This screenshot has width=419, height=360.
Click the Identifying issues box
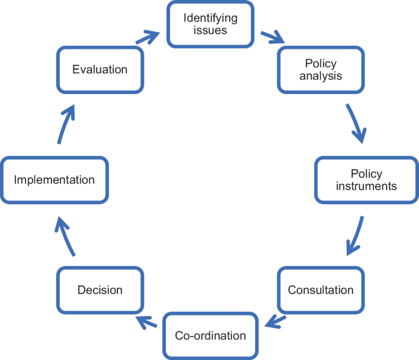[x=210, y=24]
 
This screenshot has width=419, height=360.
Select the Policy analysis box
[x=321, y=70]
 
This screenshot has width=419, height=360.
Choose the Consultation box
[x=321, y=289]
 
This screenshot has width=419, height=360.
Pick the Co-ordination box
[x=210, y=336]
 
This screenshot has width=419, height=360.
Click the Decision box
[x=100, y=289]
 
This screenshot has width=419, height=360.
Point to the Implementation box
[x=54, y=180]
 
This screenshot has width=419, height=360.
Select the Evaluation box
[x=100, y=70]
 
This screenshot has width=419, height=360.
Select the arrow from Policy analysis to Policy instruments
[x=356, y=123]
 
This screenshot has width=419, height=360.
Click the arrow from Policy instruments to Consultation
[x=355, y=235]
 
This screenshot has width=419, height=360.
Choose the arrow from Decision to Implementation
[x=65, y=237]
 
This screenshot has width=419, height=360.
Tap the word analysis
[x=321, y=76]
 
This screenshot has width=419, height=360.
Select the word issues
[x=210, y=31]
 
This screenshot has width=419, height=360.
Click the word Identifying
[x=210, y=18]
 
